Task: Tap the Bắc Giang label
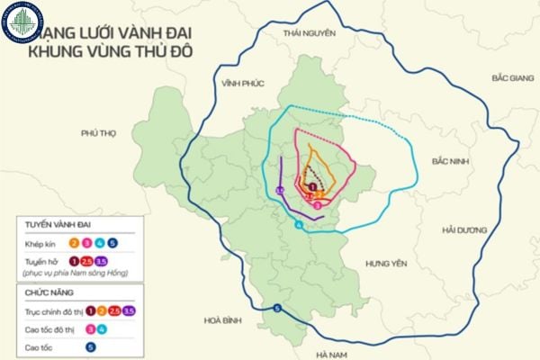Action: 512,78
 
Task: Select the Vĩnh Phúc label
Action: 242,83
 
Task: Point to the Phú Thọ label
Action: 99,132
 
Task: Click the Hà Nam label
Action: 333,354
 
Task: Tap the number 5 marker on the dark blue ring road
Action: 277,309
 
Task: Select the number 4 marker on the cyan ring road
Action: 298,224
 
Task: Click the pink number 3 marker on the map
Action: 317,204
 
